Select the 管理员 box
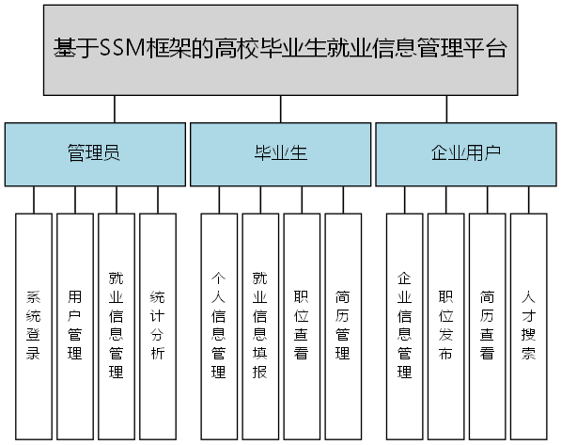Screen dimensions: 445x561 point(93,153)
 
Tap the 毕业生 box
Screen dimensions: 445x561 point(281,153)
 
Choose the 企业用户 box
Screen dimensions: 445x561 point(466,153)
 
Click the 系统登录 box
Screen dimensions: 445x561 point(33,326)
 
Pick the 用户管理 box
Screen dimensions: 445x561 point(74,326)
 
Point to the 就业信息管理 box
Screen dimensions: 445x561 point(116,326)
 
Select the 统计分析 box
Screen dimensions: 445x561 point(157,326)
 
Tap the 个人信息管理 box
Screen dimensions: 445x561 point(219,326)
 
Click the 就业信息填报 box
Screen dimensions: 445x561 point(260,326)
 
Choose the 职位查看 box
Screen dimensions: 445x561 point(302,326)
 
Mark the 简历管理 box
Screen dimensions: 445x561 point(343,326)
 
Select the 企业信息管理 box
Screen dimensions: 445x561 point(405,326)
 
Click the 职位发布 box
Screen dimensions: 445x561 point(446,326)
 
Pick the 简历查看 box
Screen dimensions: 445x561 point(488,326)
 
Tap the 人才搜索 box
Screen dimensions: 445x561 point(529,326)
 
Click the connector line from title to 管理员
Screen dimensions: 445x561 point(115,109)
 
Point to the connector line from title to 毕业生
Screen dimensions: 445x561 point(281,109)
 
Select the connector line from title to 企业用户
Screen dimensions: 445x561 point(446,109)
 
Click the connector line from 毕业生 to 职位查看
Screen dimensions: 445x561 point(302,199)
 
